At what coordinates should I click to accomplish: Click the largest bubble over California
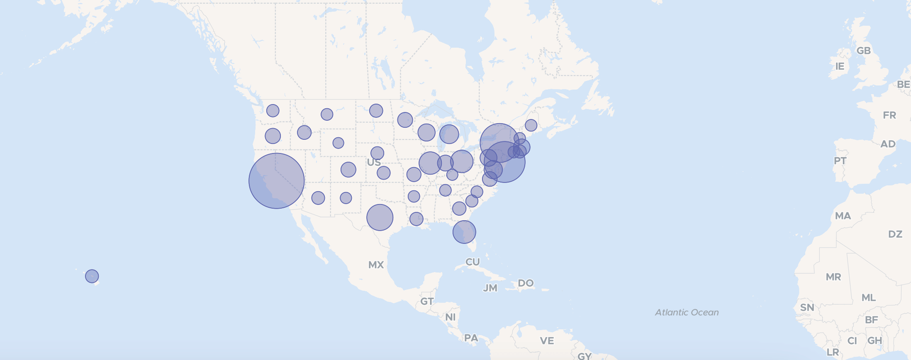coord(276,181)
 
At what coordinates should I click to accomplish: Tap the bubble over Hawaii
coord(92,276)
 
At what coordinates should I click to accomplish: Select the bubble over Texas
coord(380,217)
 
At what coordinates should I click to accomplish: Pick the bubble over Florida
coord(464,232)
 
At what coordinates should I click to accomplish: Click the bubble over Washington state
coord(273,111)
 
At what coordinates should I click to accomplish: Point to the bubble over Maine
coord(531,125)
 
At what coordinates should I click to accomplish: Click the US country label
coord(373,162)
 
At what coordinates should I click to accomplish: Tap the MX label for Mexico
coord(376,265)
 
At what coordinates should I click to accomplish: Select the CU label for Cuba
coord(473,262)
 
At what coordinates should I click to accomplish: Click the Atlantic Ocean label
coord(687,312)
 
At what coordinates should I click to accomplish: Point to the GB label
coord(863,51)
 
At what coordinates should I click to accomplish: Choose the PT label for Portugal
coord(840,161)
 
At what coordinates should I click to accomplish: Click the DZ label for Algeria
coord(895,234)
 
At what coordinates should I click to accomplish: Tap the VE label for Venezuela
coord(547,341)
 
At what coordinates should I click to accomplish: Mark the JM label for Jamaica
coord(490,288)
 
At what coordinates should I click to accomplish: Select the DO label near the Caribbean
coord(526,283)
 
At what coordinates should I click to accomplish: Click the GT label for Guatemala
coord(427,302)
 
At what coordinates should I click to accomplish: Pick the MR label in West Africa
coord(833,277)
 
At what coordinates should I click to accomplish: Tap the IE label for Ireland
coord(840,66)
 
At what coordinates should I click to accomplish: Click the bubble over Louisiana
coord(416,219)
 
